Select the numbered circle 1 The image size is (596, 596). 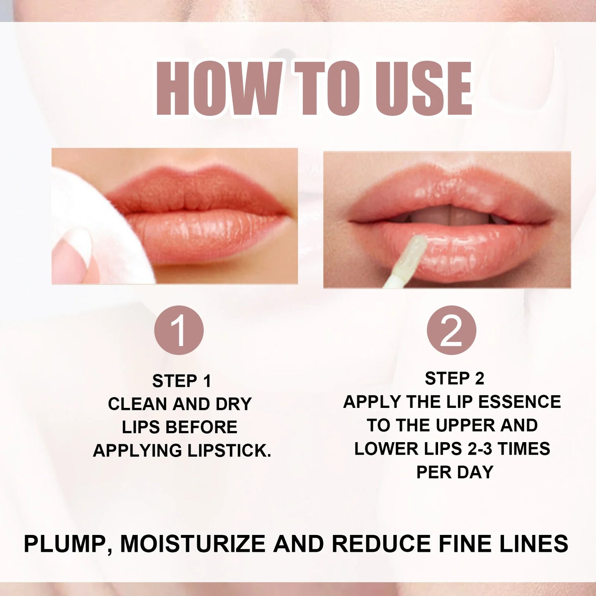[179, 330]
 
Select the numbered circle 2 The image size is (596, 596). [451, 330]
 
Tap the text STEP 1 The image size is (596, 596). [181, 381]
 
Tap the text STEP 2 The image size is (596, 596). [455, 379]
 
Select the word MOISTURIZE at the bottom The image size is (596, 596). [193, 544]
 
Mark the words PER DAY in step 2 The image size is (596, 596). [455, 472]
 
